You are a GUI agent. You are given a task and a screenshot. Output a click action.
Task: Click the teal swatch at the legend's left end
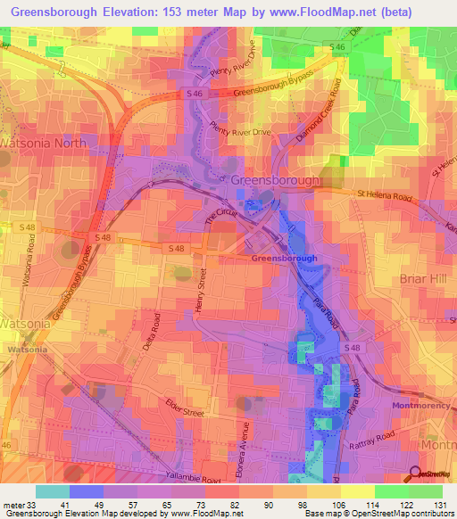(x=53, y=491)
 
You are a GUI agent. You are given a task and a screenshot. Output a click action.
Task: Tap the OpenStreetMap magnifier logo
(x=417, y=474)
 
